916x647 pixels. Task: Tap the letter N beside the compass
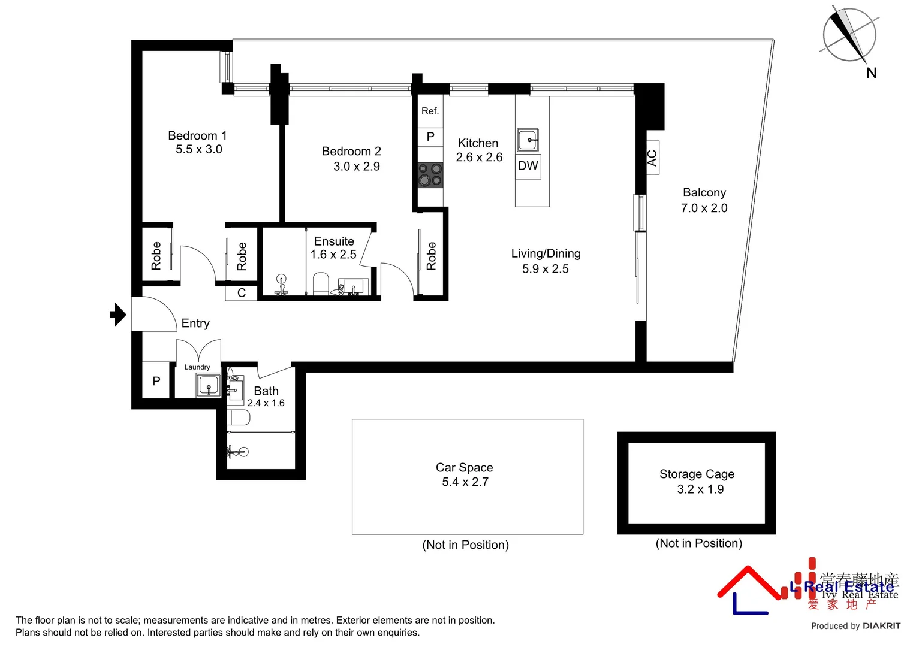click(871, 73)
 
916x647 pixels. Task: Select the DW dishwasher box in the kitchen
click(528, 166)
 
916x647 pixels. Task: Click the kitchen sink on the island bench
click(528, 140)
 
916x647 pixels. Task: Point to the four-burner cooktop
click(430, 174)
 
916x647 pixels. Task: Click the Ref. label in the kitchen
click(430, 111)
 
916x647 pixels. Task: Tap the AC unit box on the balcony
click(652, 158)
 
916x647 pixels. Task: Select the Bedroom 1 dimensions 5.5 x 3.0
click(198, 150)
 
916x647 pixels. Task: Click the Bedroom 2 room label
click(351, 151)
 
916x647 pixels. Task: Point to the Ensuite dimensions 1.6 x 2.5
click(333, 255)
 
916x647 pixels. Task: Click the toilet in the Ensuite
click(321, 283)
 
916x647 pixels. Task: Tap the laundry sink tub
click(208, 385)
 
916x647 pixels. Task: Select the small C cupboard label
click(242, 293)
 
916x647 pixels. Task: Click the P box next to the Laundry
click(156, 381)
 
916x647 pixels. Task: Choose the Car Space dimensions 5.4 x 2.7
click(465, 482)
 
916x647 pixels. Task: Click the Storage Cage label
click(697, 474)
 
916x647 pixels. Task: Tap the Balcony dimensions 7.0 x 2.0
click(704, 208)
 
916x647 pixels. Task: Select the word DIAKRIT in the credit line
click(882, 626)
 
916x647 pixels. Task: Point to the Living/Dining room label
click(546, 253)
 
